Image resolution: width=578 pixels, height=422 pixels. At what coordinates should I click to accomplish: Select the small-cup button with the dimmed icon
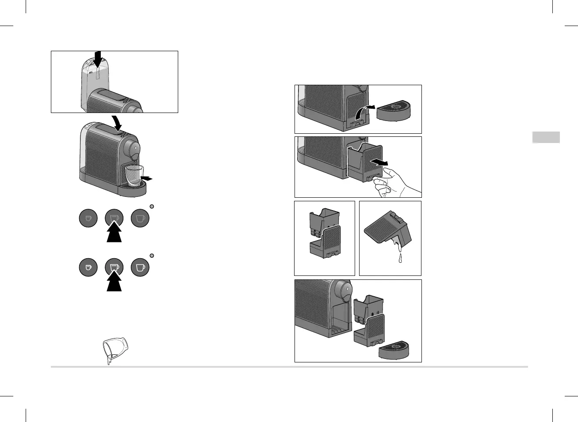click(x=88, y=218)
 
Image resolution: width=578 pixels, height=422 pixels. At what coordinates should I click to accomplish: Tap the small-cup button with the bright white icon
click(x=88, y=268)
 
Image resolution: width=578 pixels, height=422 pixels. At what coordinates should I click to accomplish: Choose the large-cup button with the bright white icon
click(x=140, y=268)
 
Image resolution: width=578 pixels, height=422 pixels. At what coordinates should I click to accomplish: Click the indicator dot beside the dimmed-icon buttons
click(x=152, y=206)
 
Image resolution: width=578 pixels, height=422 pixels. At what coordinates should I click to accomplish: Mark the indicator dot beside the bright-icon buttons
click(x=152, y=256)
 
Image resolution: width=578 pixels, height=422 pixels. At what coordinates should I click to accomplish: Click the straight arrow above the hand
click(x=379, y=162)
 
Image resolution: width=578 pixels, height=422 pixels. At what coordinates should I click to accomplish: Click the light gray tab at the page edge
click(x=546, y=137)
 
